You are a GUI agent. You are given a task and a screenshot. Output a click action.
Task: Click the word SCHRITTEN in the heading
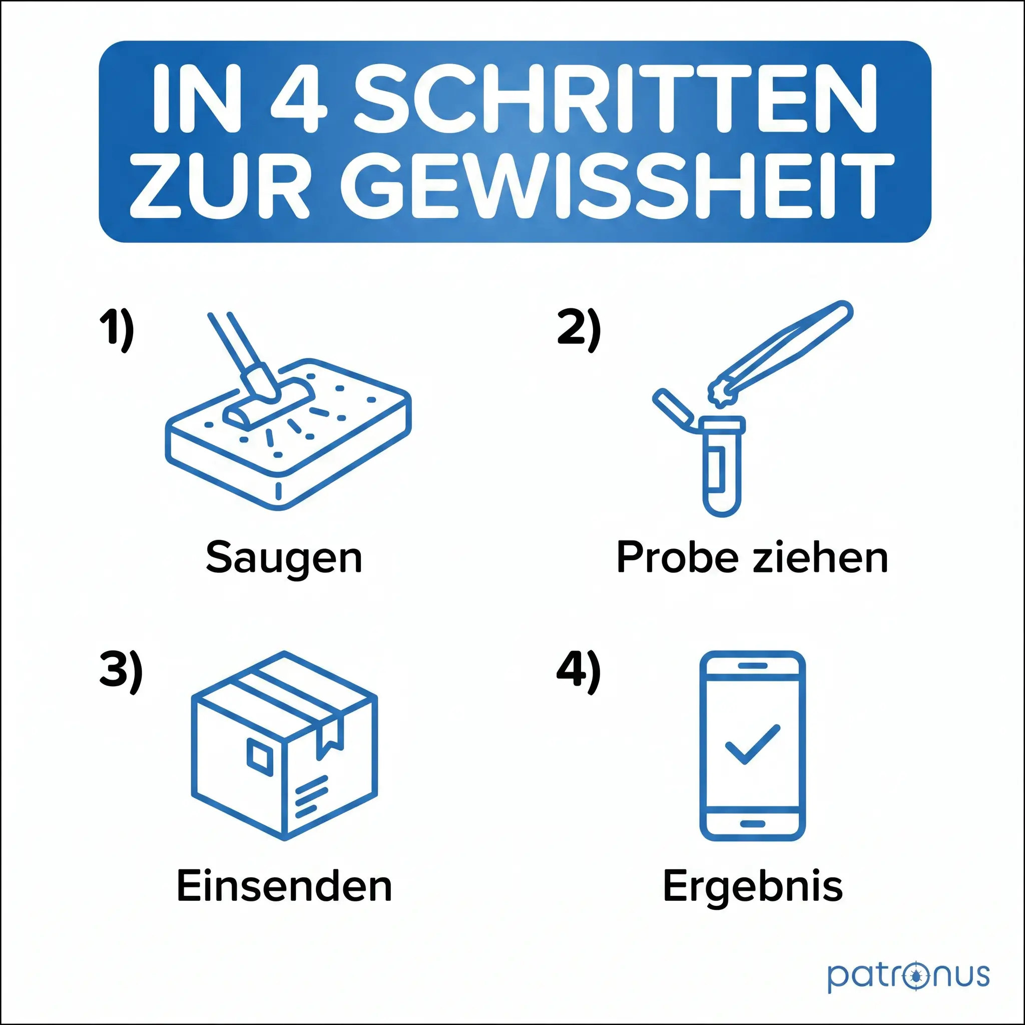tap(615, 99)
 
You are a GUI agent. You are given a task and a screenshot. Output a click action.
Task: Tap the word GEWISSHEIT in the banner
tap(617, 185)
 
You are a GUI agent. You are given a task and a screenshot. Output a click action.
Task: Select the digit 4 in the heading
tap(299, 99)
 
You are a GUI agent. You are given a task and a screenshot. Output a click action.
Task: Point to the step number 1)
tap(117, 330)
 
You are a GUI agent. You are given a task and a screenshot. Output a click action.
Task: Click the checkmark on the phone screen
tap(752, 743)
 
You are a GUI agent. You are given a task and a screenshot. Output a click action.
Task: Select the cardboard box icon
tap(284, 746)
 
